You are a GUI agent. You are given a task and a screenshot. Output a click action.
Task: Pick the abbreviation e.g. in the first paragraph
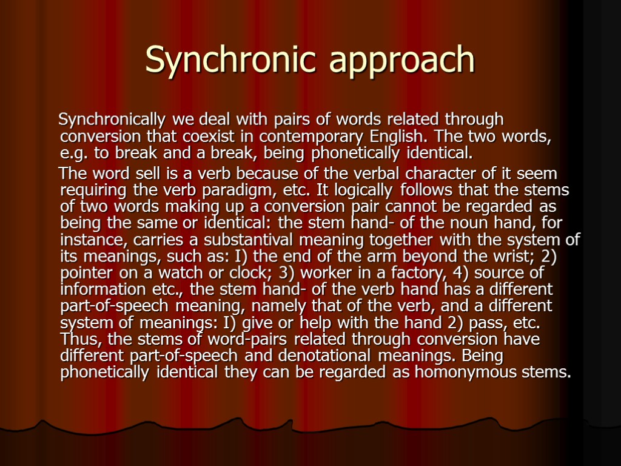click(73, 152)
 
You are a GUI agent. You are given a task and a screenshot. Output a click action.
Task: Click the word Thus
click(78, 338)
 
